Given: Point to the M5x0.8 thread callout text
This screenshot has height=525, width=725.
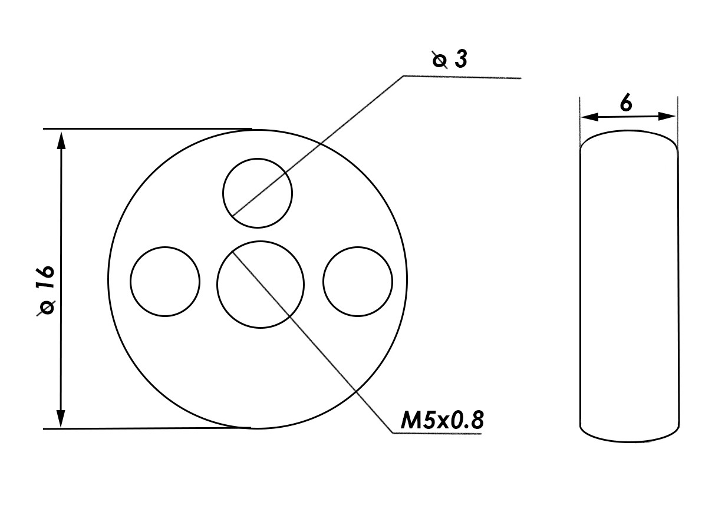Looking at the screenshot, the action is pos(442,420).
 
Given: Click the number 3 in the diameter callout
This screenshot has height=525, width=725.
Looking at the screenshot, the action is pos(461,60).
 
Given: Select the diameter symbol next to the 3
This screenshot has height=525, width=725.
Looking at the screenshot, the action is pos(440,60).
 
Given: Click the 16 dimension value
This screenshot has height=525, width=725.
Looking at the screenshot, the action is pos(45,278).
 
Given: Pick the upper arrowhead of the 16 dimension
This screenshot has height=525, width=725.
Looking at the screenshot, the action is pos(61,140).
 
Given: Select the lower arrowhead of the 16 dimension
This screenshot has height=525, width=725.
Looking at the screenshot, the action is pos(61,418).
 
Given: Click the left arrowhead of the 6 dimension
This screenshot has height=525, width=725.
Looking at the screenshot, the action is pos(590,117).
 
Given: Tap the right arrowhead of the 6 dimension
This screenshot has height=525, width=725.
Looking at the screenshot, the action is pos(667,116).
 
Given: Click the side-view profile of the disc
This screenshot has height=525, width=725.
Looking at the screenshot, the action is pos(579,285).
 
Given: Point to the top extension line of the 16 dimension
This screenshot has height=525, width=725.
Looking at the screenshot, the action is pos(147,128).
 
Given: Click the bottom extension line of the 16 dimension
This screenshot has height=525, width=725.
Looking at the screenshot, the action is pos(147,428).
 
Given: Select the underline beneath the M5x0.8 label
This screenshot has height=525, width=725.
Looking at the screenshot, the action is pos(437,434).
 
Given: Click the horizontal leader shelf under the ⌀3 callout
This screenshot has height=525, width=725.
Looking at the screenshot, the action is pos(462,77).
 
